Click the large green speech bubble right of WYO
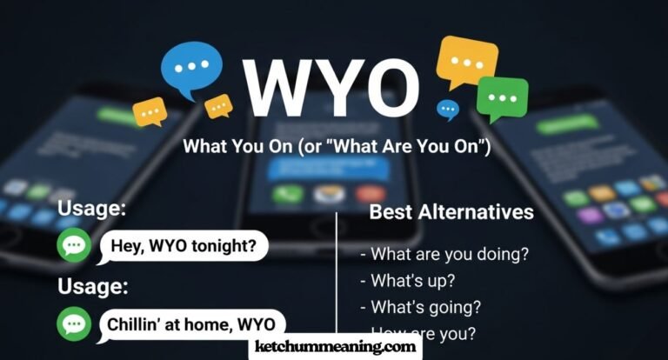point(503,97)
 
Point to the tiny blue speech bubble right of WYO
point(448,109)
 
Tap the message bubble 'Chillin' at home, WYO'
point(194,324)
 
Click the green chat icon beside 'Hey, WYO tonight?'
point(74,247)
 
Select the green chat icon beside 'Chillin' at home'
point(74,324)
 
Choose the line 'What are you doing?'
point(444,254)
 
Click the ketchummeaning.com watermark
point(334,347)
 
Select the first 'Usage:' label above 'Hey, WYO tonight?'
point(91,210)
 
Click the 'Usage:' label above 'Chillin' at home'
point(91,286)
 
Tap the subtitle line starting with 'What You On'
point(337,147)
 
